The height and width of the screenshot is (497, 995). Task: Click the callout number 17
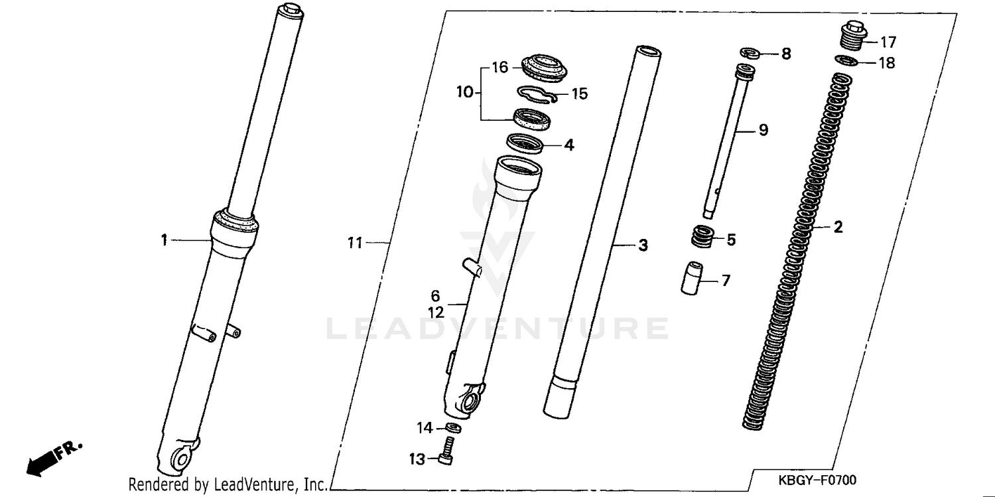(x=888, y=42)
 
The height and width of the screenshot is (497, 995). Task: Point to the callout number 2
(x=838, y=228)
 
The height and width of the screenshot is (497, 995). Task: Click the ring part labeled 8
(x=750, y=53)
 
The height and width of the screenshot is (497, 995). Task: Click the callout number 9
(x=763, y=130)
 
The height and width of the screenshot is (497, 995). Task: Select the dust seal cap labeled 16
(x=543, y=67)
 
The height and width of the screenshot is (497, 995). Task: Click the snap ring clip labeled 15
(x=535, y=96)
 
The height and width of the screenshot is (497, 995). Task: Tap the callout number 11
(x=356, y=244)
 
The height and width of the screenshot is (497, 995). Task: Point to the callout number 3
(x=642, y=246)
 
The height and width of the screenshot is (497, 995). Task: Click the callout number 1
(x=164, y=240)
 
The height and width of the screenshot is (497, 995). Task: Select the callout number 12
(x=435, y=312)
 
